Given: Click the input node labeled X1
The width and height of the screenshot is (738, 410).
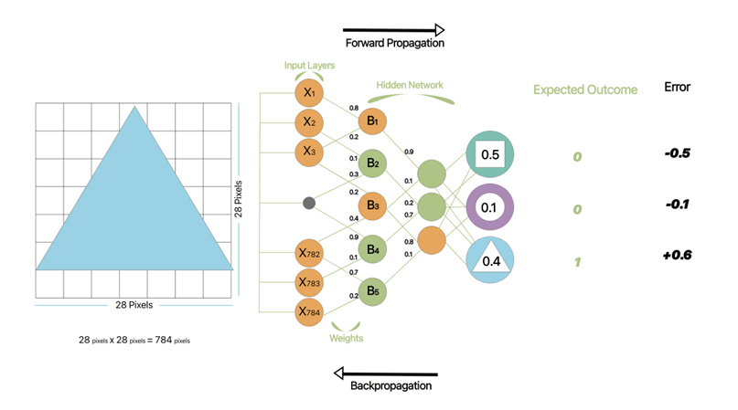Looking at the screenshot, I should [309, 94].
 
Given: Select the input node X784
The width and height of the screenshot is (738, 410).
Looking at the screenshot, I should [309, 311].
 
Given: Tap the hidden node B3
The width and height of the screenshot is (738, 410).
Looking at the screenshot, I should [372, 205].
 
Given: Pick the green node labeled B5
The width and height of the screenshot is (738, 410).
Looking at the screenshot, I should [372, 292].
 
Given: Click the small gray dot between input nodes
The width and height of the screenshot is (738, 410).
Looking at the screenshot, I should [309, 202].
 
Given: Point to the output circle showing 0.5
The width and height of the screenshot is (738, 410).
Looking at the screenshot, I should [489, 154].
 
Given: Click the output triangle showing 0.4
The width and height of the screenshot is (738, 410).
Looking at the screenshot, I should [489, 260].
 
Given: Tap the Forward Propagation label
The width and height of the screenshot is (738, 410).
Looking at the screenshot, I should [394, 43].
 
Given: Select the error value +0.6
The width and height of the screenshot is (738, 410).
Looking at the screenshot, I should [678, 256].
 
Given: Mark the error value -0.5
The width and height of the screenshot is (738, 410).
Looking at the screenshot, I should [678, 152].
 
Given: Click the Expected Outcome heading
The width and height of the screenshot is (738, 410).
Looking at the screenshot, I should [585, 90].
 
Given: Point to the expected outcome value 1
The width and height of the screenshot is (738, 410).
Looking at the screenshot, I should [577, 262].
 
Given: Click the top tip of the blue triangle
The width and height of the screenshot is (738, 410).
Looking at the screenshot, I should [135, 107].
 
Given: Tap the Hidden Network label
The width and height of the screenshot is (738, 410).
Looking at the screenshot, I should [409, 86].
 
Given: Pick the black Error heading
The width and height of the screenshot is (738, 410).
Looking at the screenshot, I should [677, 88].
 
